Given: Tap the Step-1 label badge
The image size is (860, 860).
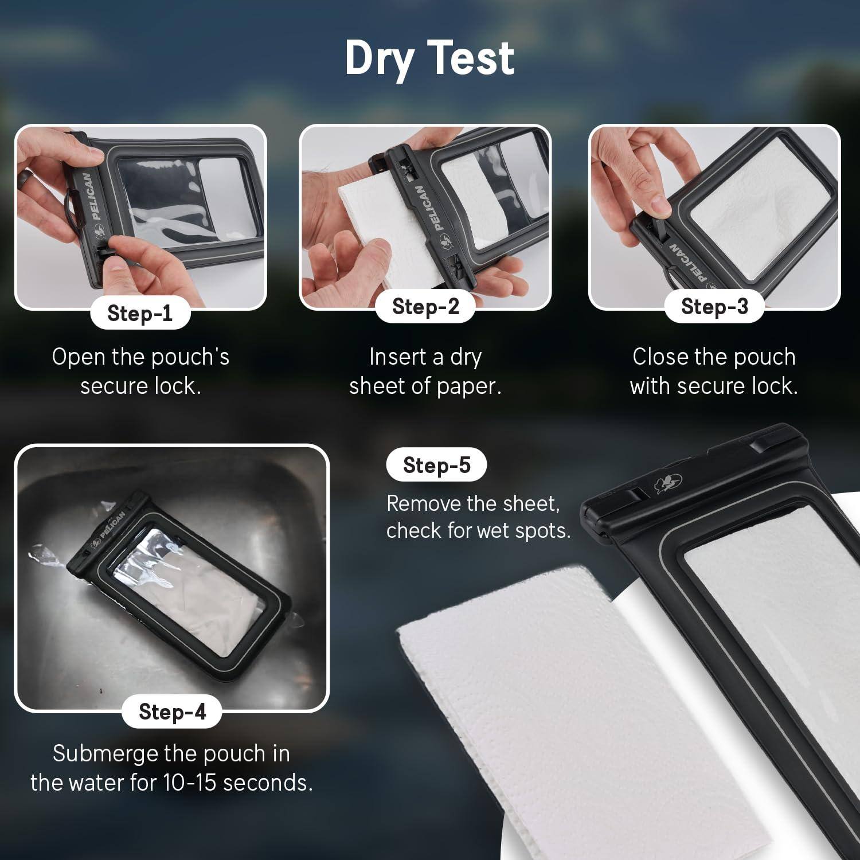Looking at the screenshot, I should (x=140, y=313).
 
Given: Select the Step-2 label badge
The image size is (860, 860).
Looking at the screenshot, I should (x=425, y=307).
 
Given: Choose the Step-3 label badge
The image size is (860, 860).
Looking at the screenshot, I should (x=714, y=307).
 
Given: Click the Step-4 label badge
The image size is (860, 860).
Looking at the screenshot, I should (x=172, y=712).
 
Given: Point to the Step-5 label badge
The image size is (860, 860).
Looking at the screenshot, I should (x=436, y=465).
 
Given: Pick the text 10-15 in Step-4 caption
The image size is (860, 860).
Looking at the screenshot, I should (x=190, y=783).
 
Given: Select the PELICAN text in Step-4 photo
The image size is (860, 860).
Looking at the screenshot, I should (x=112, y=525).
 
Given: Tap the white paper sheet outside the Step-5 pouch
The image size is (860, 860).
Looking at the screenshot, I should (x=545, y=717).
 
